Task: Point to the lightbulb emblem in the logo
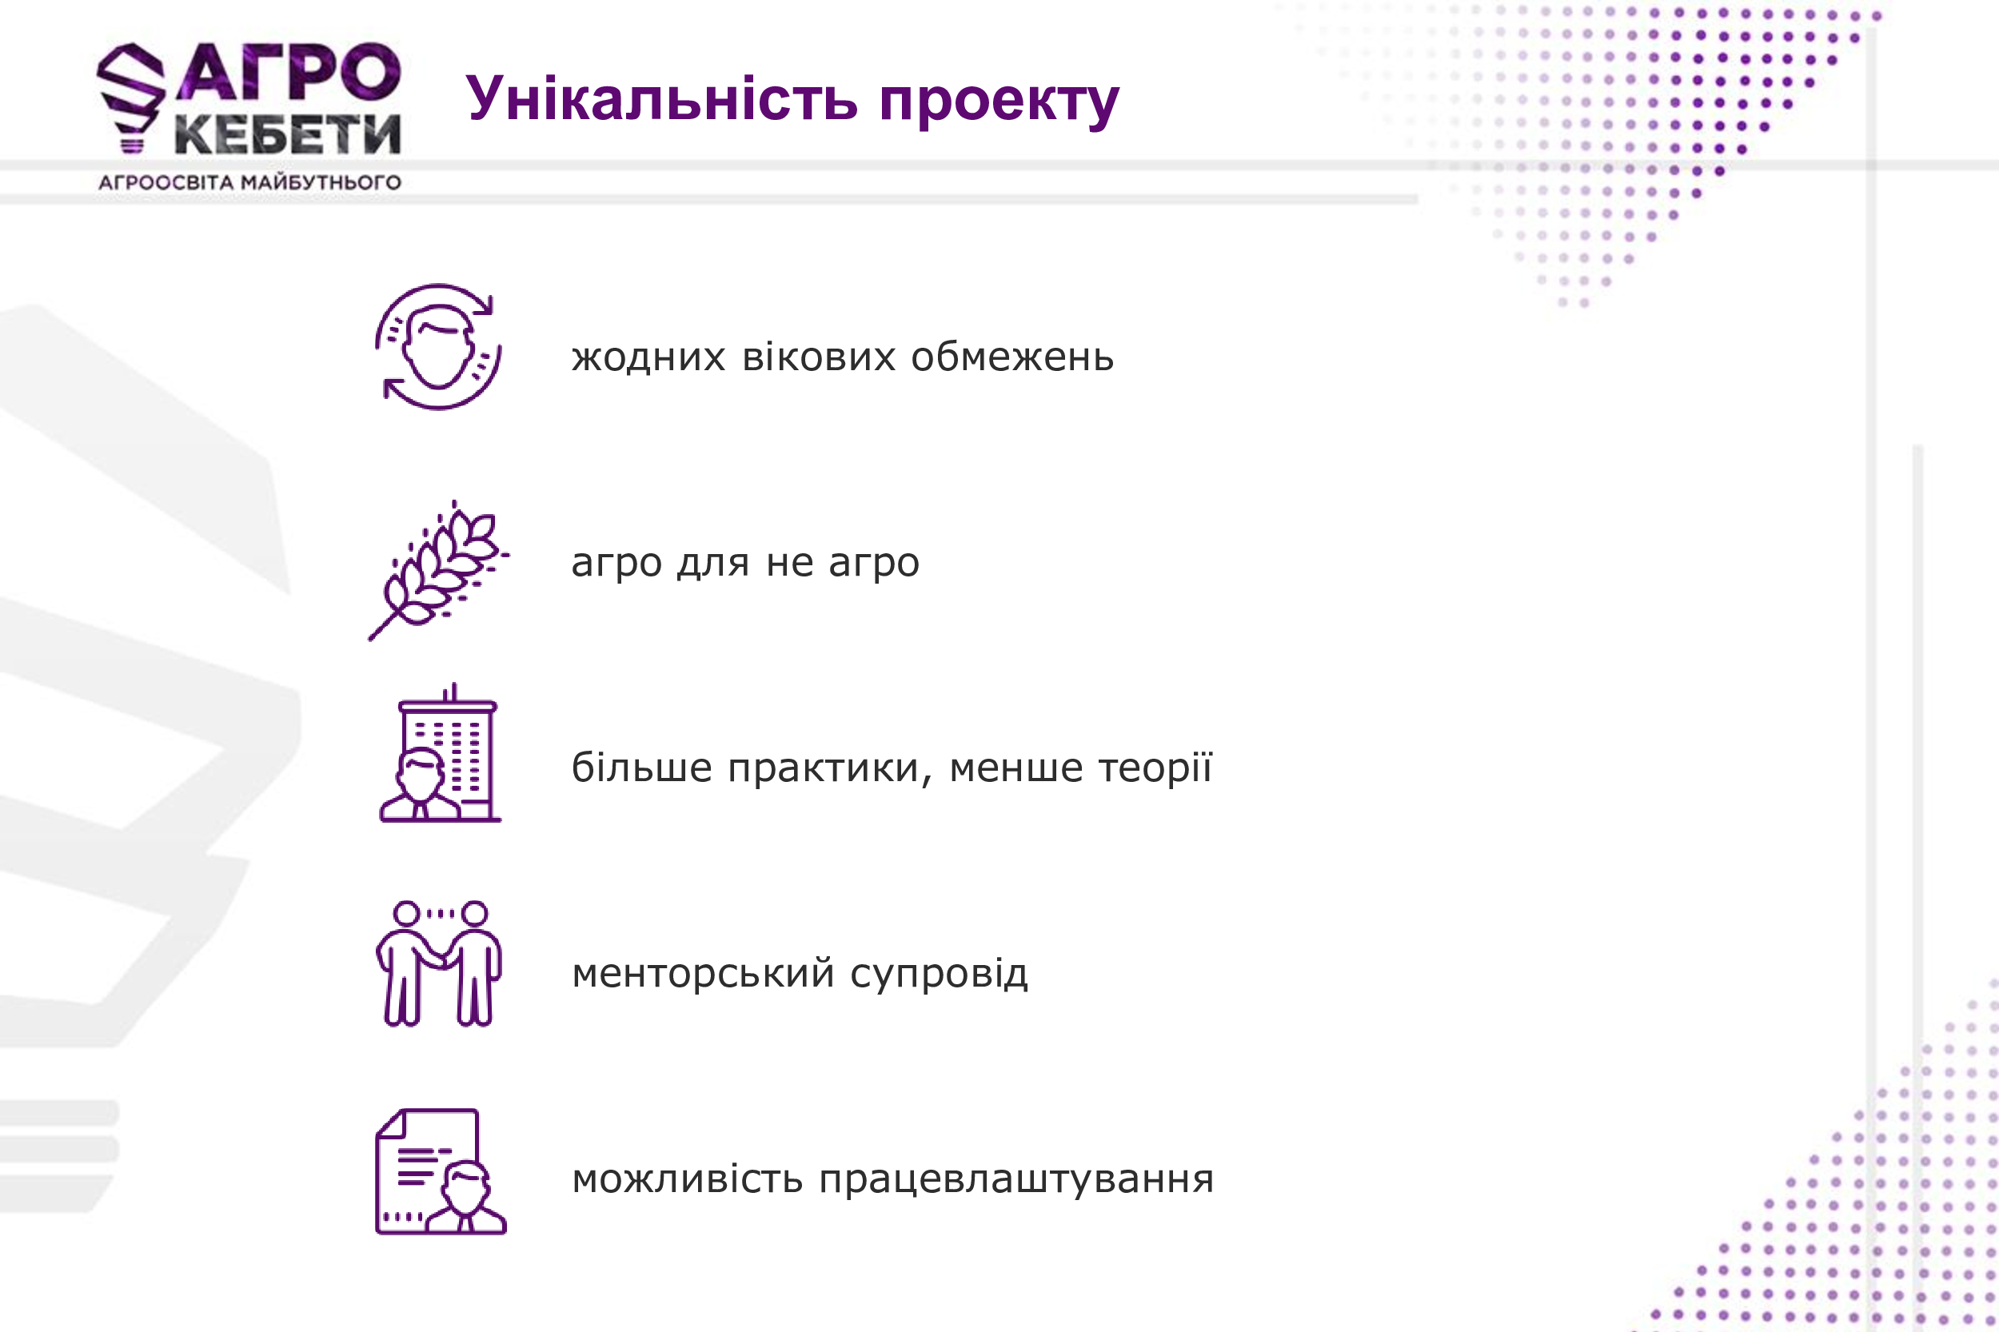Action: (x=131, y=97)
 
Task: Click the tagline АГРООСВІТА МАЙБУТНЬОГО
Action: (x=249, y=181)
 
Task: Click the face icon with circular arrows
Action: (x=438, y=347)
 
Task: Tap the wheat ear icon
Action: (x=438, y=570)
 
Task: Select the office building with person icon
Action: (x=440, y=752)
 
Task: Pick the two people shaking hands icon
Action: (x=438, y=963)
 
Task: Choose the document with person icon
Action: (x=441, y=1171)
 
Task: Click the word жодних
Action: (x=648, y=357)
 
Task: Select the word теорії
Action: (x=1155, y=767)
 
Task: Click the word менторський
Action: (x=704, y=973)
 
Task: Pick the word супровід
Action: (x=939, y=974)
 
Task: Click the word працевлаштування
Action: (x=1016, y=1180)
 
